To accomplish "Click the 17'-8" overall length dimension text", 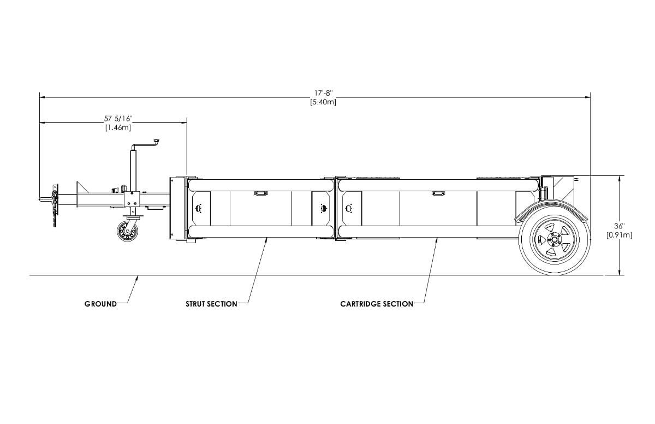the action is tap(323, 93).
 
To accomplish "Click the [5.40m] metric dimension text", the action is tap(323, 102).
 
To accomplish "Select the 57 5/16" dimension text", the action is tap(118, 119).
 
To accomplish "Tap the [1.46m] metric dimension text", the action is tap(118, 127).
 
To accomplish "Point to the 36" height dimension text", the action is tap(620, 226).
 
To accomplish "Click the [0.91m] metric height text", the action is tap(620, 235).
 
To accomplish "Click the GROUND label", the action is tap(100, 304).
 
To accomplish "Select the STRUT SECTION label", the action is tap(211, 304).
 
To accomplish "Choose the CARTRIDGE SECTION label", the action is tap(377, 304).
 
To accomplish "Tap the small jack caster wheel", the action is tap(128, 231).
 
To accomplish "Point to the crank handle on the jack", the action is tap(145, 144).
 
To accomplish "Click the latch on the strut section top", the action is tap(261, 193).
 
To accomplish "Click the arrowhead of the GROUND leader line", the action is tap(138, 278).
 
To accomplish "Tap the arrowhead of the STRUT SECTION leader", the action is tap(266, 240).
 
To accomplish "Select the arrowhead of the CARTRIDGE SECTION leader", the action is tap(437, 240).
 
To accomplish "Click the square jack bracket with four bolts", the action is tap(132, 199).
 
